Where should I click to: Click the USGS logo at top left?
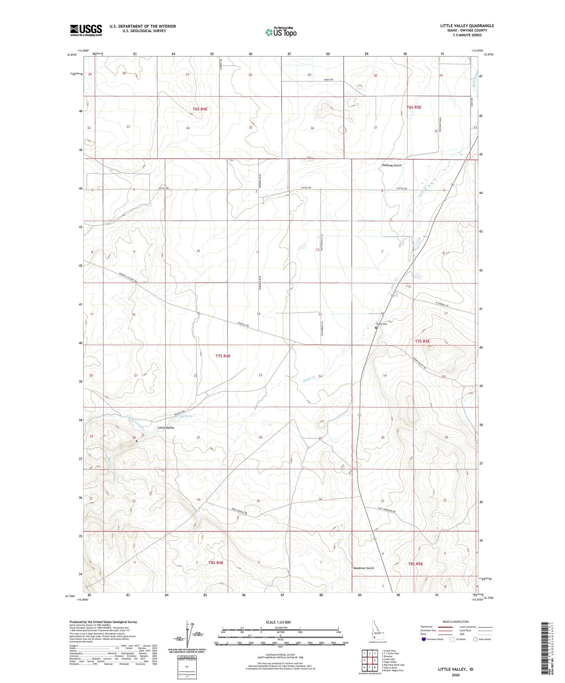86,30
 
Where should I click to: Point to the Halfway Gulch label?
391,165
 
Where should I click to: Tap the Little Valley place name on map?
165,428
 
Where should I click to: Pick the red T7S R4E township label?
223,356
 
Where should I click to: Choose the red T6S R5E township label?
414,107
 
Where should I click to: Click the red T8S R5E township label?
415,564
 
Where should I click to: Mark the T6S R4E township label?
199,109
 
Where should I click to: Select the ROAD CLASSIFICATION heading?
456,622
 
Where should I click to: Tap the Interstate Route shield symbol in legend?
424,639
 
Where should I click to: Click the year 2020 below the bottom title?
455,675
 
